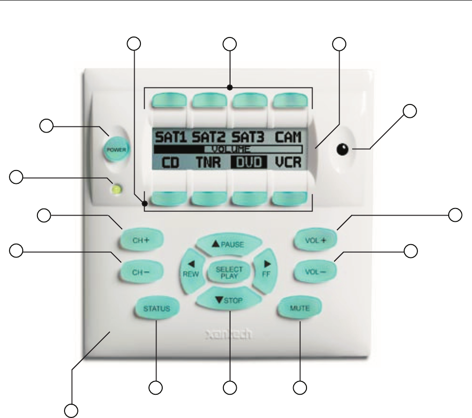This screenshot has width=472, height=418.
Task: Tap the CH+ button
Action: coord(140,240)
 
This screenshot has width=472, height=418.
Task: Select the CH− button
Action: coord(140,272)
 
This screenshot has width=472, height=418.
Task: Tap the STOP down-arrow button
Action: coord(229,300)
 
